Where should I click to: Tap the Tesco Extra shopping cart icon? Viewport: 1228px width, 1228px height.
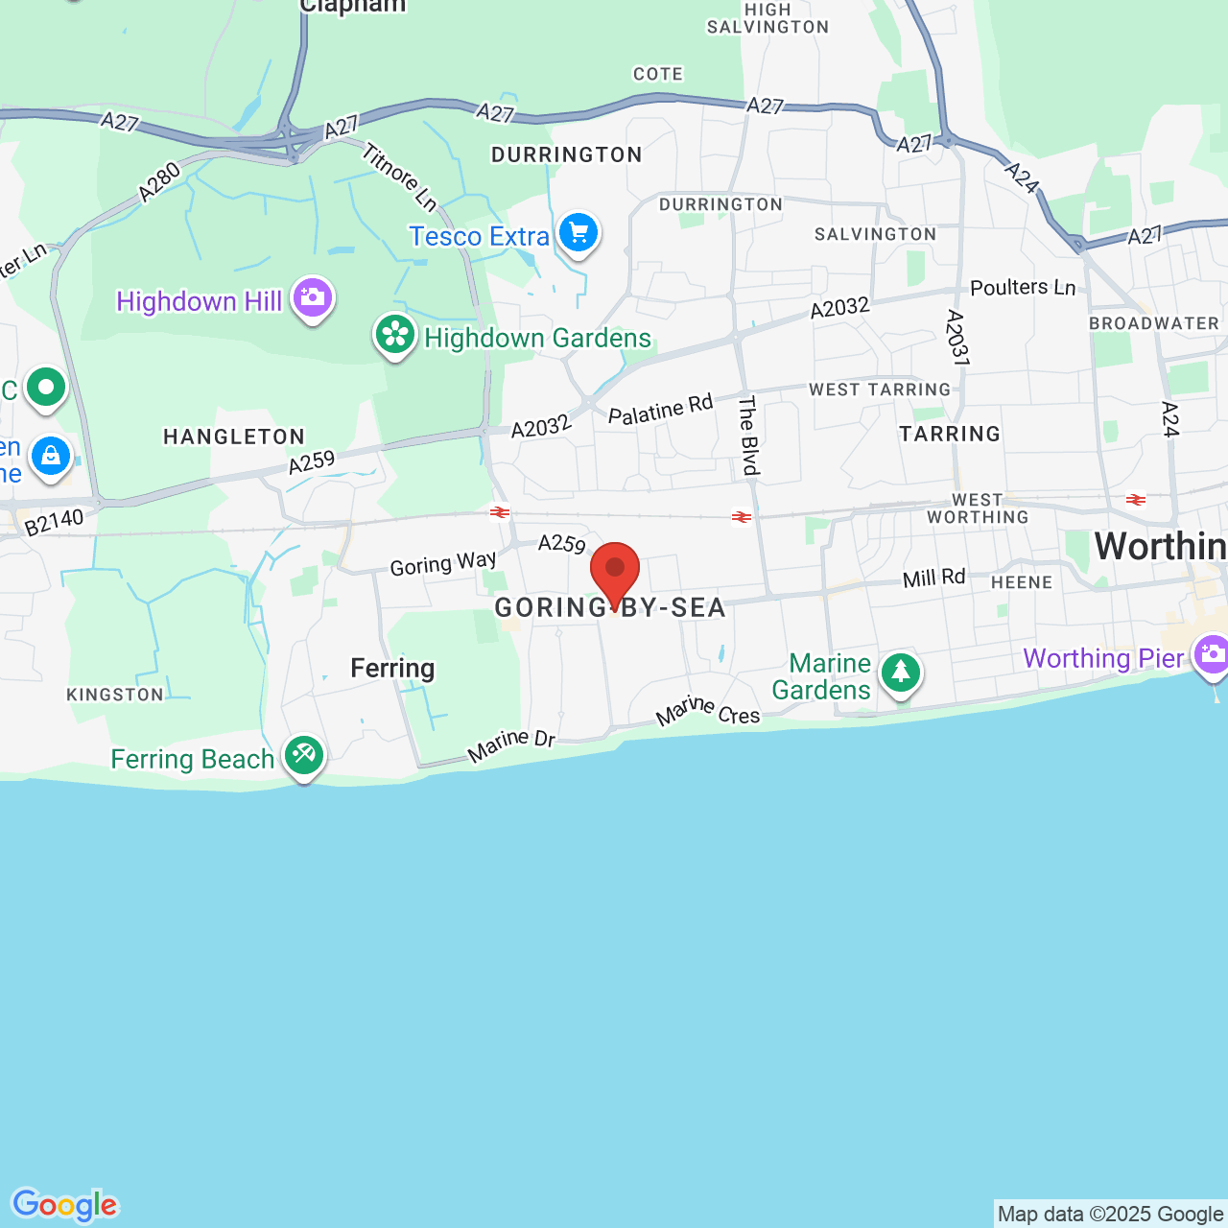579,233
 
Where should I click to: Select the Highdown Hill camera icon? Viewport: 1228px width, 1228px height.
312,298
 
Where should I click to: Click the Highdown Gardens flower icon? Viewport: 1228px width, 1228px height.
395,335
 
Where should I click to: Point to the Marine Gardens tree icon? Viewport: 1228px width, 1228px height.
900,673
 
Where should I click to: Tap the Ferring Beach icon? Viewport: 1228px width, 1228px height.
304,755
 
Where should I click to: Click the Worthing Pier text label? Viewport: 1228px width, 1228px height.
1103,658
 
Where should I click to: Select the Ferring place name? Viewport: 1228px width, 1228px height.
392,668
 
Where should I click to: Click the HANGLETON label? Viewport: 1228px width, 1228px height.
234,437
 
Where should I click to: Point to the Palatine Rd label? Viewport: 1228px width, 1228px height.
661,410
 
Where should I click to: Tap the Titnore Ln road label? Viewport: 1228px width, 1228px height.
400,177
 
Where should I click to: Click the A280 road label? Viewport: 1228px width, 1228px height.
159,182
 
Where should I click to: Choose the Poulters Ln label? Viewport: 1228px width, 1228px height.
1023,288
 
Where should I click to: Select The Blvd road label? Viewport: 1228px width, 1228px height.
749,435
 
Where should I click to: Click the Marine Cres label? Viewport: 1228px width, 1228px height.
708,711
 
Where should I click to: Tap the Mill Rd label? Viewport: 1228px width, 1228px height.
933,579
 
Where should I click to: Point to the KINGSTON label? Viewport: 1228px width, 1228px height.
115,695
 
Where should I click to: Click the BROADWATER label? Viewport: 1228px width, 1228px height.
1154,323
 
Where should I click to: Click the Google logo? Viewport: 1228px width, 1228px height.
65,1205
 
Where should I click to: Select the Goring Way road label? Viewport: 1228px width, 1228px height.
443,563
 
